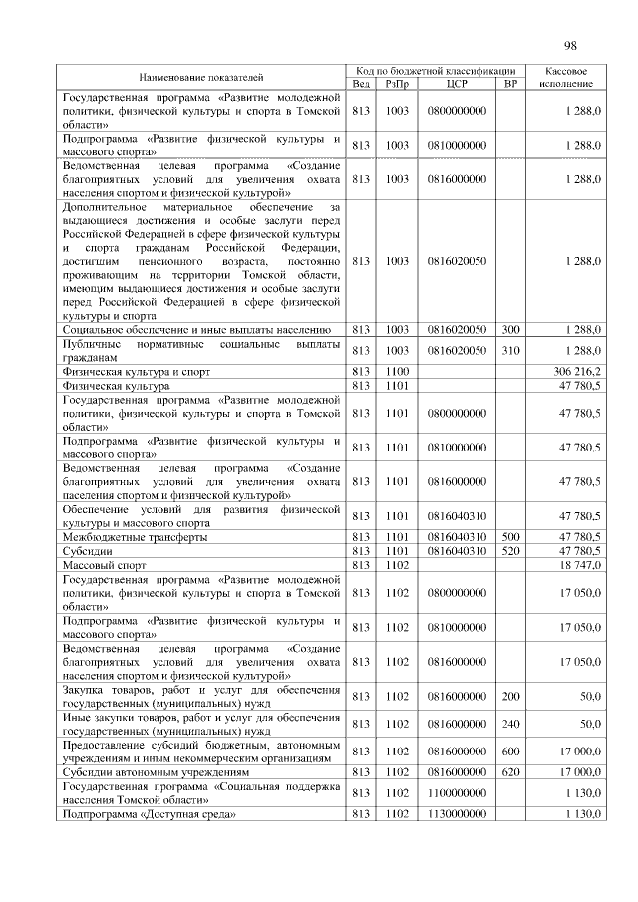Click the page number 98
click(x=570, y=45)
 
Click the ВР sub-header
click(x=511, y=84)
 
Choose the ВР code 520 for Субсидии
click(x=511, y=550)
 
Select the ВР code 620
click(x=511, y=771)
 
